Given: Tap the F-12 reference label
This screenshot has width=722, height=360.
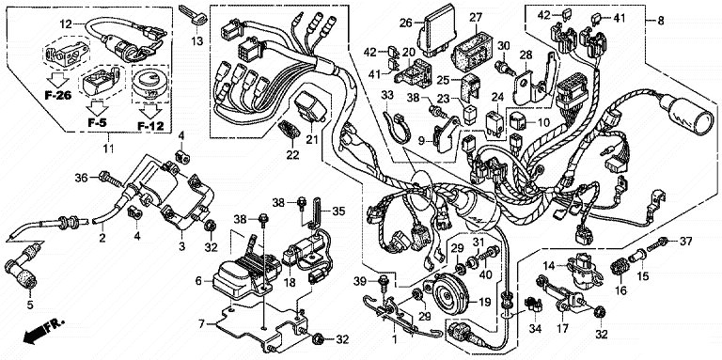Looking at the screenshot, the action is pos(150,125).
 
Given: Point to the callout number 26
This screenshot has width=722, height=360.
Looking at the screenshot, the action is pos(406,22).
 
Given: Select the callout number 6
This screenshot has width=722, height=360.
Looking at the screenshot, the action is pos(198,280).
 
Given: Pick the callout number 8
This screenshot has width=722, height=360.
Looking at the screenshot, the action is pos(661,21).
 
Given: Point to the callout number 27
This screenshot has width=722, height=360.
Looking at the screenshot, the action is pos(475,18).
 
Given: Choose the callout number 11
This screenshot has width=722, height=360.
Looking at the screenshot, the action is pos(109,149).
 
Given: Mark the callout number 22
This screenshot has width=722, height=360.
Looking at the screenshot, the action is pos(292,155).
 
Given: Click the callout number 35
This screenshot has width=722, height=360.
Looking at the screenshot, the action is pos(338,211).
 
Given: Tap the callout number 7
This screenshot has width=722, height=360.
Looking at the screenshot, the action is pos(201,323).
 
